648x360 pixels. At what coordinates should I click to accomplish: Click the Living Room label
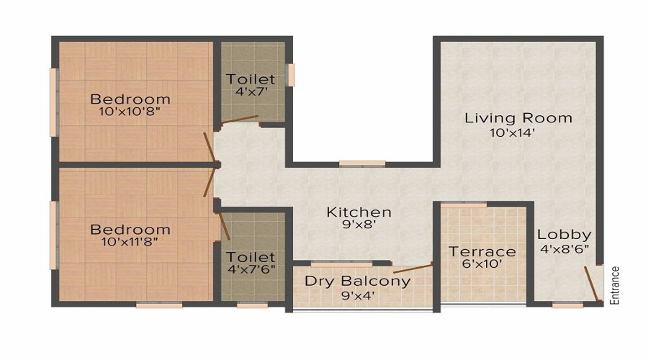pos(518,117)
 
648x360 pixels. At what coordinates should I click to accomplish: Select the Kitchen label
pos(359,212)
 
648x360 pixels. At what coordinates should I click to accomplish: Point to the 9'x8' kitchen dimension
pos(359,225)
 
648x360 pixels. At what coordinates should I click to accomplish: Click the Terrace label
pos(482,251)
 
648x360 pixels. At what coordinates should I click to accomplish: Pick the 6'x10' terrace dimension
pos(482,264)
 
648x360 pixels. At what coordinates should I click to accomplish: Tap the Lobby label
pos(564,234)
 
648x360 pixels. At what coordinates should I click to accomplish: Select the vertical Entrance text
pos(614,286)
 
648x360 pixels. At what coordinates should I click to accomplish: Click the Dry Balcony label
pos(357,281)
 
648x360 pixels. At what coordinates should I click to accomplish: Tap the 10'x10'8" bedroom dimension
pos(130,112)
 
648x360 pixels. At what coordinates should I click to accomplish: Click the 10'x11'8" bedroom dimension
pos(130,243)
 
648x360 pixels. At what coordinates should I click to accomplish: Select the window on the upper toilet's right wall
pos(292,76)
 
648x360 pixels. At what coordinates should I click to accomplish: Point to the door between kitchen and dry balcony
pos(413,268)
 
